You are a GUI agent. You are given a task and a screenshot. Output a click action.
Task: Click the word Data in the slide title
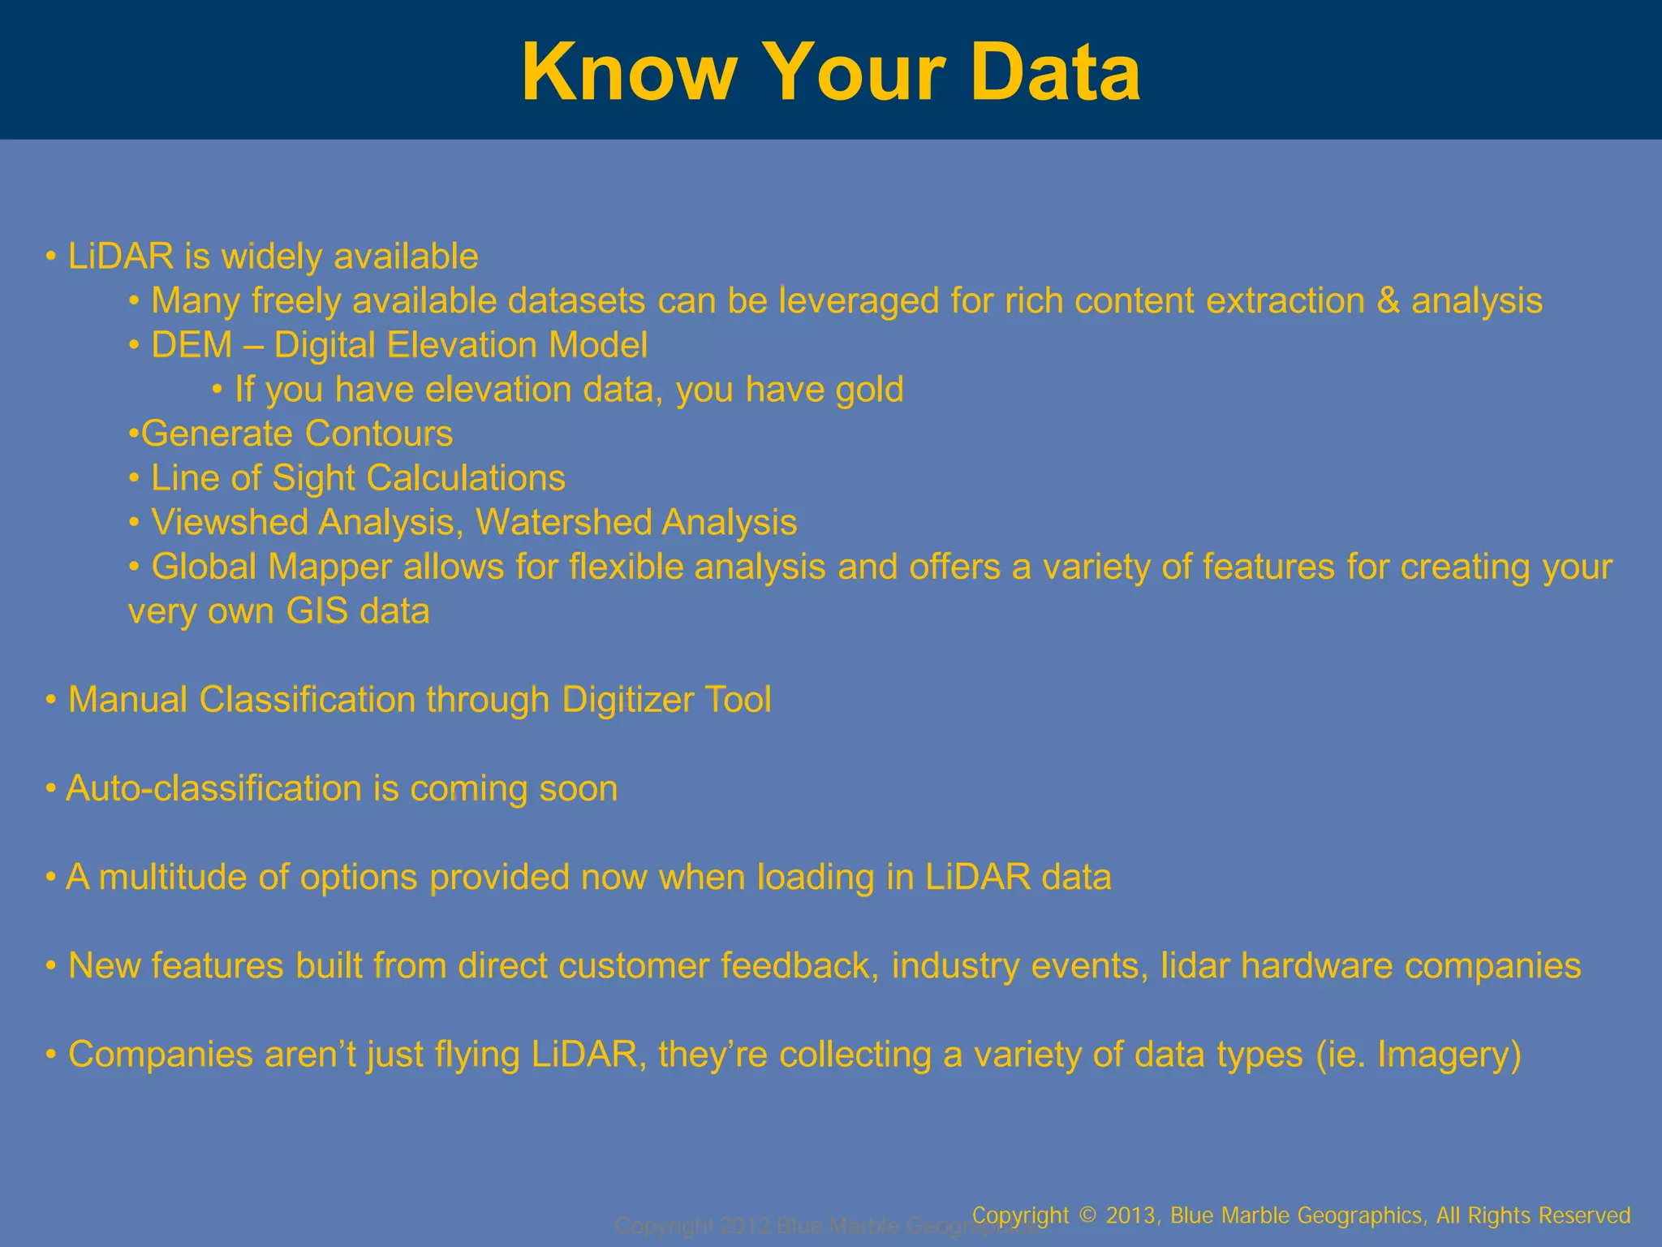coord(1055,73)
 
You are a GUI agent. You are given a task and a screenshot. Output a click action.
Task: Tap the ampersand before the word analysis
coord(1388,301)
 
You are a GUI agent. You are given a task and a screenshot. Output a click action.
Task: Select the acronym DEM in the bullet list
coord(192,345)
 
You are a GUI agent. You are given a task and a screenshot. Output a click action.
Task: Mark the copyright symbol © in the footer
coord(1088,1215)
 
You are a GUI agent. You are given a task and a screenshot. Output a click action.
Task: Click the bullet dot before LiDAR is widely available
coord(51,257)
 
